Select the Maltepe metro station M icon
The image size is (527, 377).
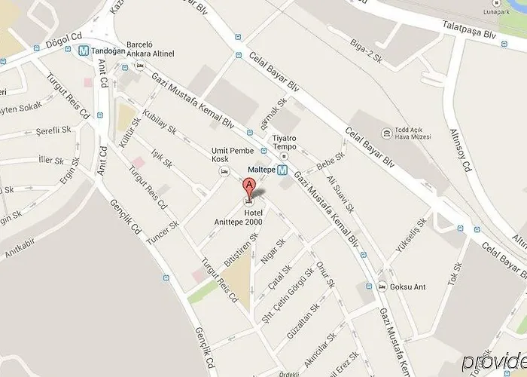[282, 170]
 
